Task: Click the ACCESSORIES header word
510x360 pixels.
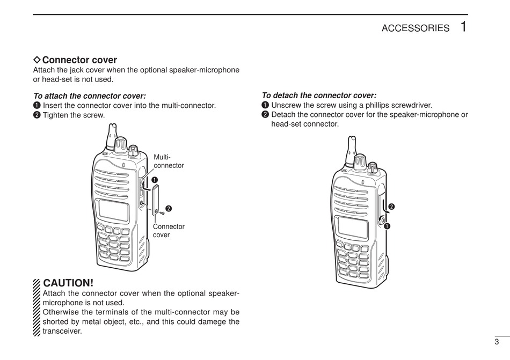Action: (415, 28)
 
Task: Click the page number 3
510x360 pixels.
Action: (497, 342)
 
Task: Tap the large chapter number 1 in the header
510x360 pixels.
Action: (463, 26)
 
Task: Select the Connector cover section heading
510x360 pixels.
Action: (79, 60)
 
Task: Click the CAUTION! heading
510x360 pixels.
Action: (68, 283)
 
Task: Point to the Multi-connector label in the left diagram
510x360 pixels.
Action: (169, 161)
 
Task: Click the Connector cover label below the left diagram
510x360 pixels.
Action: (169, 231)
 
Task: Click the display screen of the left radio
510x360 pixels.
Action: (114, 211)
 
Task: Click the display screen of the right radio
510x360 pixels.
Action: (353, 228)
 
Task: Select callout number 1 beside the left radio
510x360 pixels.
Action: (154, 179)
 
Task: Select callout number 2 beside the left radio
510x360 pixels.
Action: (168, 208)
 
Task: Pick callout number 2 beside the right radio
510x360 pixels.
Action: (391, 207)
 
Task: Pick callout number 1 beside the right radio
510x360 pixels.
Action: (387, 226)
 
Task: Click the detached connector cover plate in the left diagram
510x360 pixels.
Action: (155, 199)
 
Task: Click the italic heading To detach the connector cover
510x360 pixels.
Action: (319, 95)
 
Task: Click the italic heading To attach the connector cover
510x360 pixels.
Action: (89, 96)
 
